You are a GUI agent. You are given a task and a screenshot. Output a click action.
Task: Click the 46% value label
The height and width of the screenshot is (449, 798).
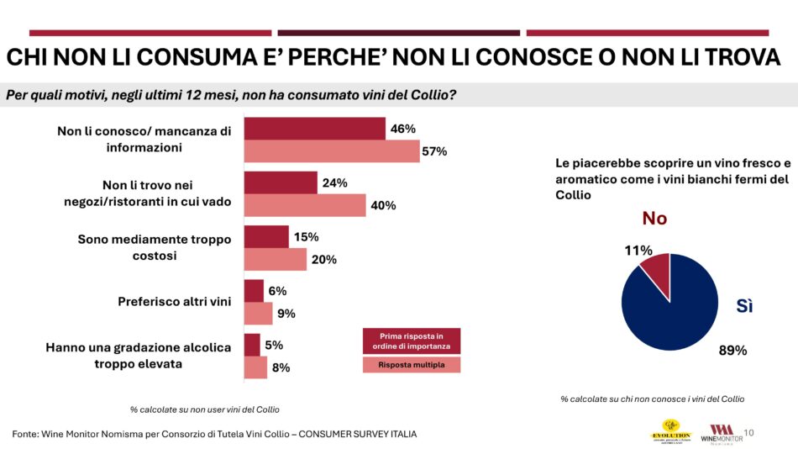click(x=402, y=129)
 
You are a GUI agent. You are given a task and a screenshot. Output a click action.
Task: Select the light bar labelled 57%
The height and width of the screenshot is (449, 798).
click(x=331, y=151)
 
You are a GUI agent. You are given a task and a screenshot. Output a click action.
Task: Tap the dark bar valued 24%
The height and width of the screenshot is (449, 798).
click(x=281, y=182)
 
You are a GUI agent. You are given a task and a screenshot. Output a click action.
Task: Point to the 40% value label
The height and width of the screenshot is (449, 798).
click(x=383, y=205)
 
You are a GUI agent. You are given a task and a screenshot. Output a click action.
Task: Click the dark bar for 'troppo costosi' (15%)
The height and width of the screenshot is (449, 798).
click(x=266, y=236)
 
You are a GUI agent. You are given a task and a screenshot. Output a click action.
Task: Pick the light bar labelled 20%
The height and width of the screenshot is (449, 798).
click(x=276, y=259)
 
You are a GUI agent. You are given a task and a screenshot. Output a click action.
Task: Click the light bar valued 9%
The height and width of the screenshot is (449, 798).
click(x=259, y=314)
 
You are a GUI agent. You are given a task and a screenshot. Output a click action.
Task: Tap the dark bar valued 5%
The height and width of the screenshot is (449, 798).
click(x=252, y=345)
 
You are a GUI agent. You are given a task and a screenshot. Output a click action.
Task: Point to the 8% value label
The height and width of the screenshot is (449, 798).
click(x=282, y=367)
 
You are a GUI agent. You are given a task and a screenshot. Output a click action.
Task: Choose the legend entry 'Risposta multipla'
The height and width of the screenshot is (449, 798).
click(x=412, y=365)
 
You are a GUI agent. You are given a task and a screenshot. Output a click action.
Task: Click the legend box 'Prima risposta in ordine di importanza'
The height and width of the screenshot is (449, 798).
click(x=412, y=341)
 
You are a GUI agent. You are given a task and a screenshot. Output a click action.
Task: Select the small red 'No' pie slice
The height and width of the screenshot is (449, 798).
click(x=657, y=270)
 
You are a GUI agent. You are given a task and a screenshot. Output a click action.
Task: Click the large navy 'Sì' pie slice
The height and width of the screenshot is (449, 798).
click(x=676, y=311)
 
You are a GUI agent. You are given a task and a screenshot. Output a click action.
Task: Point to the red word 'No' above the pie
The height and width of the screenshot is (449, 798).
click(x=654, y=219)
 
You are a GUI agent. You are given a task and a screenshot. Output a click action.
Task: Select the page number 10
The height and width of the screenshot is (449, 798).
click(x=748, y=432)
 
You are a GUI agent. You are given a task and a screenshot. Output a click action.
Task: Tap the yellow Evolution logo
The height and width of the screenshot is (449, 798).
click(x=670, y=431)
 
